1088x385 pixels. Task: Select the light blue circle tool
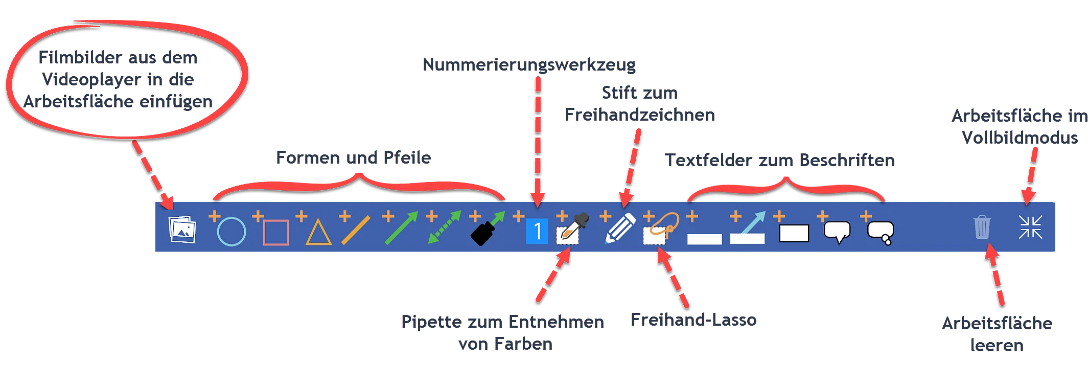[x=231, y=231]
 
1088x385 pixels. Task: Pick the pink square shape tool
[x=276, y=233]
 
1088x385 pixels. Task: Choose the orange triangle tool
[x=318, y=233]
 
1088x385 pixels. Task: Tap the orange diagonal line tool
[x=356, y=231]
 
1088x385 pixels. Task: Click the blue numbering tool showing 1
[x=537, y=231]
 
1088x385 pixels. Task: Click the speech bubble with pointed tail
[x=837, y=232]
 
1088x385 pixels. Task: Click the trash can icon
[x=982, y=227]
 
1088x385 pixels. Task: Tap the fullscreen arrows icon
[x=1030, y=227]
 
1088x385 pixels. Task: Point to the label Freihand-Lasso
[x=692, y=320]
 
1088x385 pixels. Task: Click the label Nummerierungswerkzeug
[x=529, y=65]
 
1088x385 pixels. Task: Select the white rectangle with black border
[x=794, y=233]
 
